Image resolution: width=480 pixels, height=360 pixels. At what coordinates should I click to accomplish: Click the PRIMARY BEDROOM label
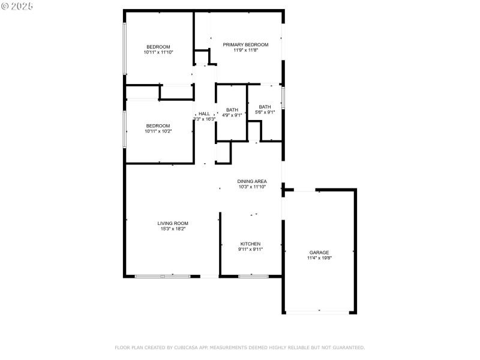pos(245,44)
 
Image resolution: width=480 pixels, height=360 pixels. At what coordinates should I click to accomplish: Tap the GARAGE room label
pos(319,253)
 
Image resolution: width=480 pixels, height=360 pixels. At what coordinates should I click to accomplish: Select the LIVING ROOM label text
pos(173,223)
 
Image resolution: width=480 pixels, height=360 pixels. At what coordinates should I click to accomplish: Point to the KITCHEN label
pos(250,244)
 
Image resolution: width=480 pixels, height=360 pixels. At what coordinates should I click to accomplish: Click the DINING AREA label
pos(251,181)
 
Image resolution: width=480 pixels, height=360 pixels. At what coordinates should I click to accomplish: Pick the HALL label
pos(205,113)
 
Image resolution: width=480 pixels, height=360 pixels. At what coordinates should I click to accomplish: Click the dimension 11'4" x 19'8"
pos(319,258)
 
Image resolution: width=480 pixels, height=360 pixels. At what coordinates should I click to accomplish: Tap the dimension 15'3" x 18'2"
pos(173,229)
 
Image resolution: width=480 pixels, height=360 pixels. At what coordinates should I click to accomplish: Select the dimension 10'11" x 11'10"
pos(158,52)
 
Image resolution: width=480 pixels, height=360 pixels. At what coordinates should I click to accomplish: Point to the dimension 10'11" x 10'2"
pos(158,131)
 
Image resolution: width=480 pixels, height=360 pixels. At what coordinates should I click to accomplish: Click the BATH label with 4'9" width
pos(232,110)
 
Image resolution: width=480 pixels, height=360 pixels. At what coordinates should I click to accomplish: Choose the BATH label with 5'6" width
pos(265,107)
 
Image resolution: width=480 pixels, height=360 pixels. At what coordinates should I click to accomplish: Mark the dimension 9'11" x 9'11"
pos(250,249)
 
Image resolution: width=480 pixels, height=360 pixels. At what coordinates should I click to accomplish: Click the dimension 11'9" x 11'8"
pos(245,50)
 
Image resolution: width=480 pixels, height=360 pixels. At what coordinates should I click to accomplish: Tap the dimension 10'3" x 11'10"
pos(251,187)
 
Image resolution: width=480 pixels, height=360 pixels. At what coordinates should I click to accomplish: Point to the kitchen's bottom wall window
pos(253,276)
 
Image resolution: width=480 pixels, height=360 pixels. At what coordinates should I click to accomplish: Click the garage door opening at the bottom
pos(319,311)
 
